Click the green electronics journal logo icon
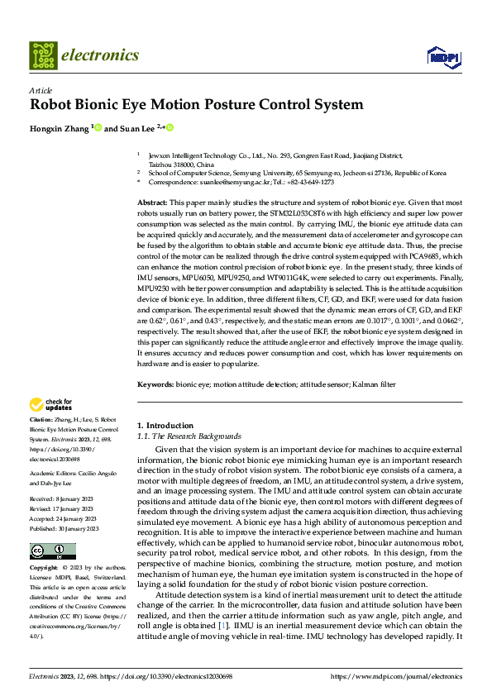pyautogui.click(x=43, y=55)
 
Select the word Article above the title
pyautogui.click(x=41, y=90)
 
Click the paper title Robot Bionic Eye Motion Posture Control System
pyautogui.click(x=196, y=105)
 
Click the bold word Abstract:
pyautogui.click(x=152, y=203)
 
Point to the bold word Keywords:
pyautogui.click(x=155, y=384)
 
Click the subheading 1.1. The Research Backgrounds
pyautogui.click(x=189, y=436)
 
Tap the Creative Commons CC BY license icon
pyautogui.click(x=52, y=551)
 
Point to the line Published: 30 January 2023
pyautogui.click(x=64, y=528)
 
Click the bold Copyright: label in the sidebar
pyautogui.click(x=45, y=569)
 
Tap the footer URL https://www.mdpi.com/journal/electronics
pyautogui.click(x=397, y=676)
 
